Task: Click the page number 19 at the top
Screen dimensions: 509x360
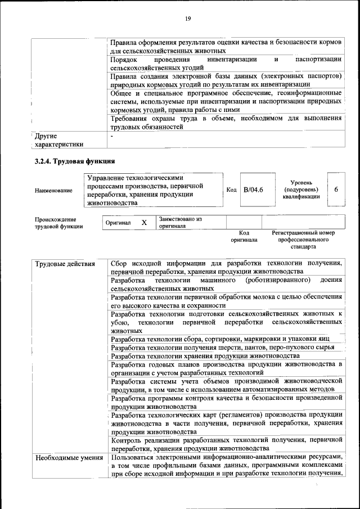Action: click(x=188, y=19)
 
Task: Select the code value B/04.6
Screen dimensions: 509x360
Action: click(x=254, y=190)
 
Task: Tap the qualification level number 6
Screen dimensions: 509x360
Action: click(x=336, y=190)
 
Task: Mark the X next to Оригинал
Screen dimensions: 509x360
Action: click(x=144, y=223)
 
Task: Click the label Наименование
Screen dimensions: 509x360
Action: click(x=53, y=191)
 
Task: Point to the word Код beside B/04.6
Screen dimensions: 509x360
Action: click(x=231, y=190)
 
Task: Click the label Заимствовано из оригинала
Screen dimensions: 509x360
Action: click(x=181, y=222)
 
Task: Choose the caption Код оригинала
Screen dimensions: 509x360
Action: click(x=244, y=236)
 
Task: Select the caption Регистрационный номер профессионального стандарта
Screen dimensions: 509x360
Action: click(x=303, y=239)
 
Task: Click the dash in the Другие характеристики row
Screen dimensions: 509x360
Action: click(x=112, y=136)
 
